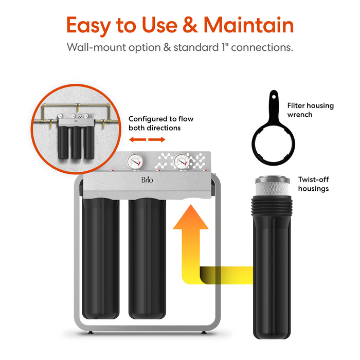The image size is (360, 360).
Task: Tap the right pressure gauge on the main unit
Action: pyautogui.click(x=181, y=161)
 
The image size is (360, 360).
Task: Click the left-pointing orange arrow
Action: pyautogui.click(x=135, y=140)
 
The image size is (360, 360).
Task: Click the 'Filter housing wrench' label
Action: pyautogui.click(x=310, y=110)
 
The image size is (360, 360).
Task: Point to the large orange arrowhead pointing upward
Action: pyautogui.click(x=190, y=219)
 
